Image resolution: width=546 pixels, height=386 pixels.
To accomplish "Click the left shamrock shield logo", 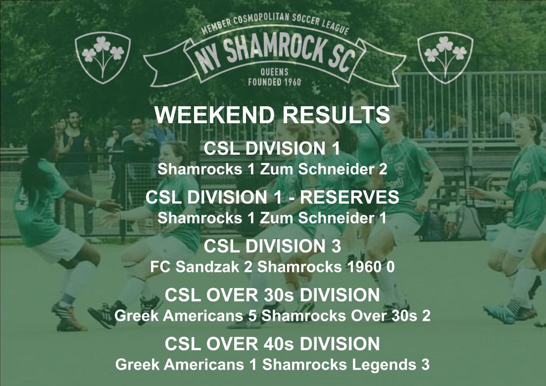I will (102, 56).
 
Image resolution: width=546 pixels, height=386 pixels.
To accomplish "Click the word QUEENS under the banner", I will (274, 72).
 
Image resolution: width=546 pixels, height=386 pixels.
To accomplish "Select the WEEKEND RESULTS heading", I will (272, 115).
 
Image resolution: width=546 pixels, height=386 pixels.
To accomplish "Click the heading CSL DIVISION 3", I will (272, 246).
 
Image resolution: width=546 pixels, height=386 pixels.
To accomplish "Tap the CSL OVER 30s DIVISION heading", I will (272, 296).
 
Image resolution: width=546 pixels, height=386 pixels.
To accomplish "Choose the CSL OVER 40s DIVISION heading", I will (272, 343).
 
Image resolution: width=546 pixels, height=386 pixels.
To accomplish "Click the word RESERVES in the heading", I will (349, 197).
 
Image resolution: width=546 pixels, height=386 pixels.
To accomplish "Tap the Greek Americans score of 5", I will (252, 316).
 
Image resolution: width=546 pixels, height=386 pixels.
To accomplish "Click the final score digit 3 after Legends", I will (425, 365).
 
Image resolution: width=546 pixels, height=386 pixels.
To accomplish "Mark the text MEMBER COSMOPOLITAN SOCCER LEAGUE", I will (275, 27).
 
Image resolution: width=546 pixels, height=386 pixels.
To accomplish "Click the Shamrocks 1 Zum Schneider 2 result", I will (272, 169).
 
